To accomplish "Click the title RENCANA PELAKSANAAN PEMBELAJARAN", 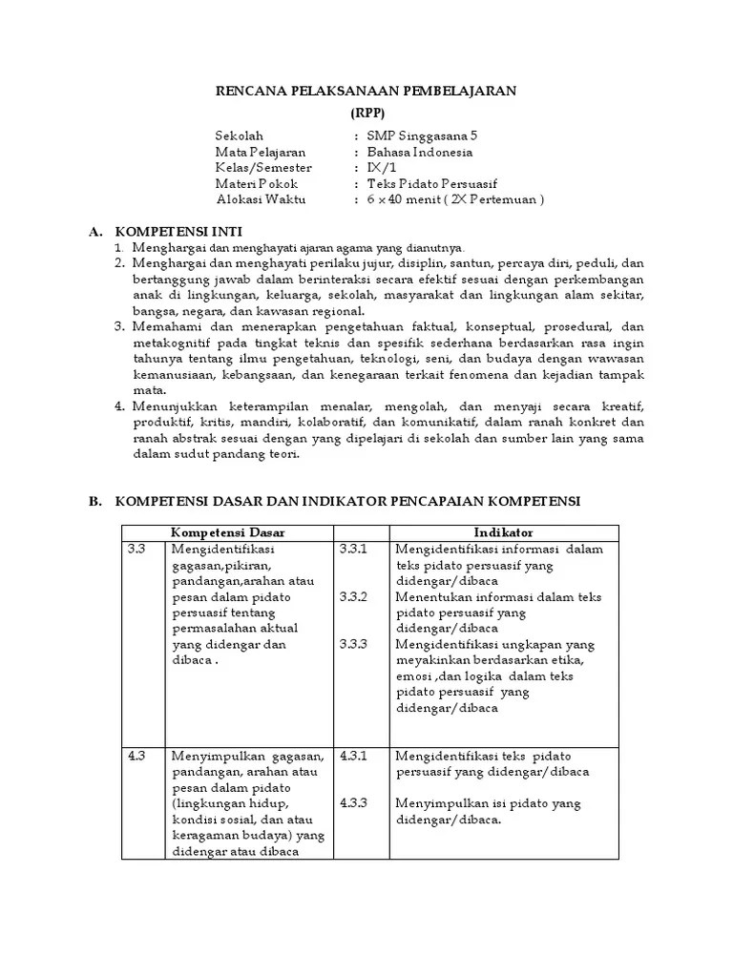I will pyautogui.click(x=365, y=91).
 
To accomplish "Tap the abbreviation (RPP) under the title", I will pyautogui.click(x=366, y=112).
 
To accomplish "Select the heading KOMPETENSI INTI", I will pyautogui.click(x=178, y=232).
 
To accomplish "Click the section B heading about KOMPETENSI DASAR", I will pyautogui.click(x=347, y=501).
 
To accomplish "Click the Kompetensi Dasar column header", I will pyautogui.click(x=227, y=531).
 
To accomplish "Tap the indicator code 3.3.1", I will pyautogui.click(x=352, y=550).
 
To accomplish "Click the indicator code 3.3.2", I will pyautogui.click(x=352, y=597).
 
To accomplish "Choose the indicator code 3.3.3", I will pyautogui.click(x=352, y=645).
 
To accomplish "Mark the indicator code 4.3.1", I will pyautogui.click(x=352, y=756).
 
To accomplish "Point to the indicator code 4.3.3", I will pyautogui.click(x=352, y=803).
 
